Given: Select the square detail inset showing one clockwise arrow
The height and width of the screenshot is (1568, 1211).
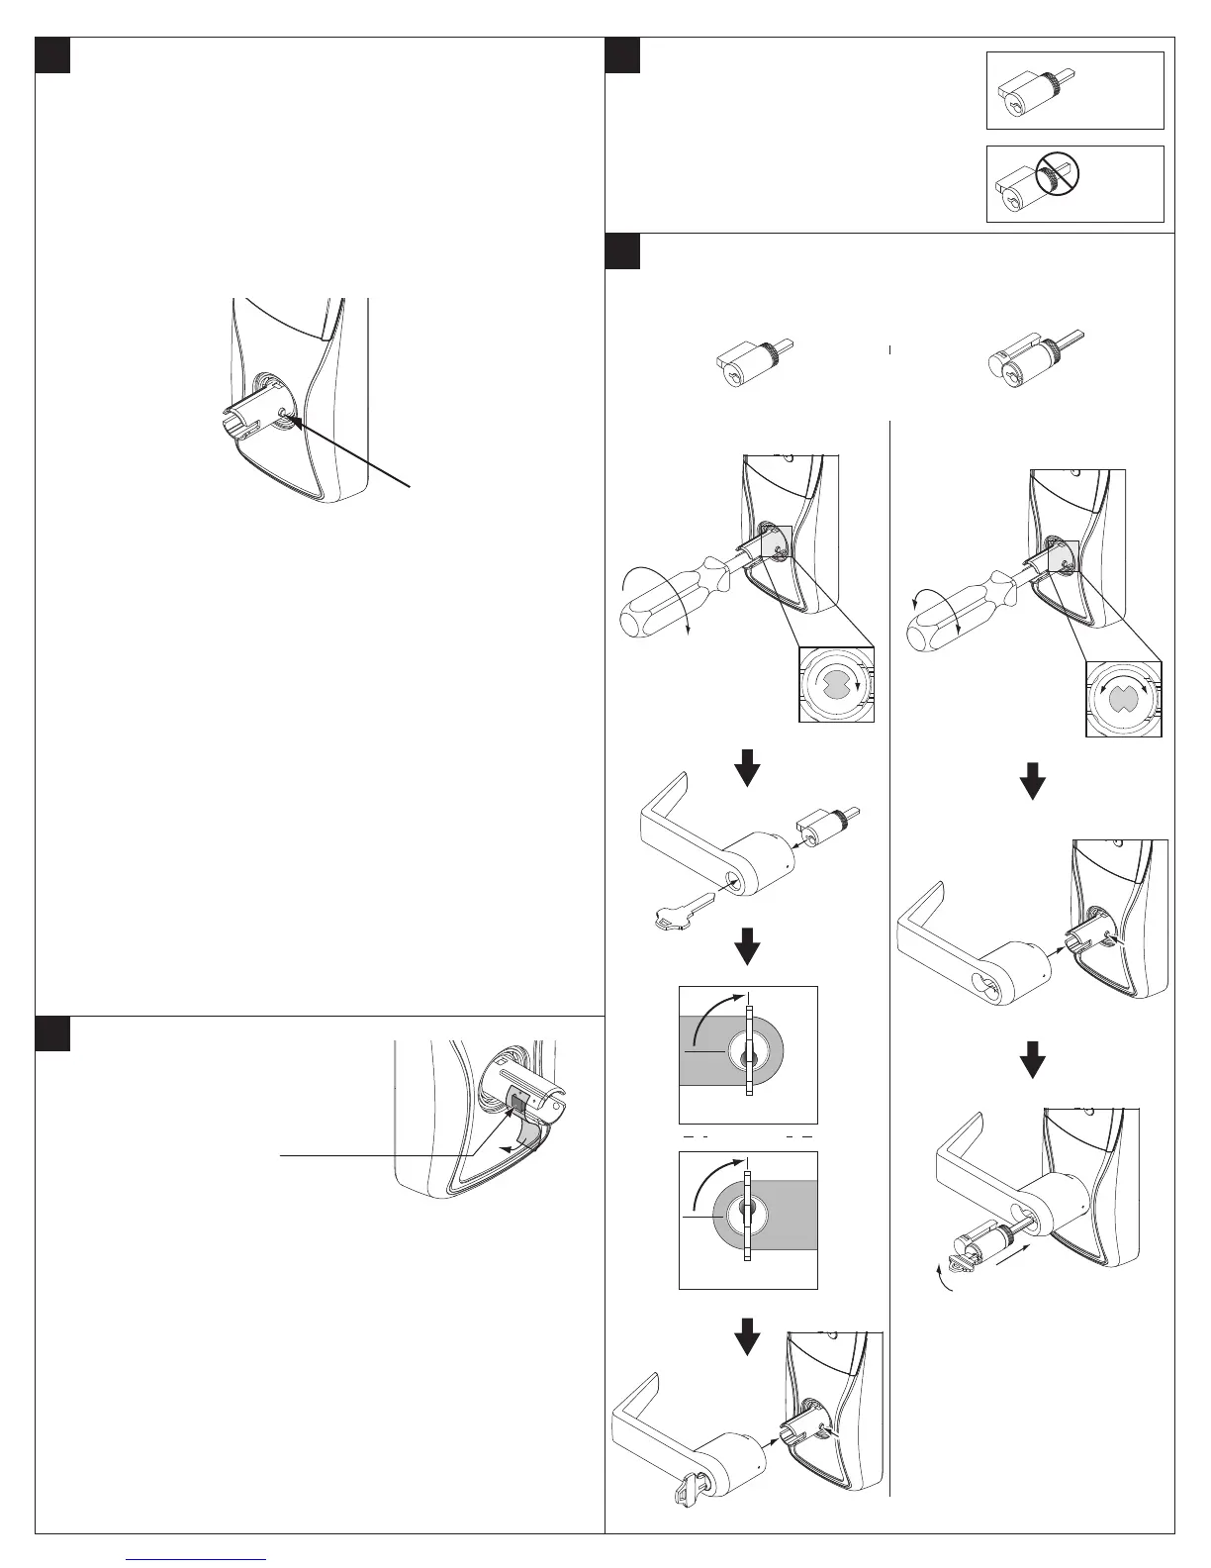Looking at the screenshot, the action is click(x=837, y=684).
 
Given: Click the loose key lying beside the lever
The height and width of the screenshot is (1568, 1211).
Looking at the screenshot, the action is click(x=676, y=912).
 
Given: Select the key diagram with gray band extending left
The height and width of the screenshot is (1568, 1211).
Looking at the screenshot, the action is click(x=748, y=1053).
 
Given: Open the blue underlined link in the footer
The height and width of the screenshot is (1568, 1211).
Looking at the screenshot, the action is click(x=198, y=1556).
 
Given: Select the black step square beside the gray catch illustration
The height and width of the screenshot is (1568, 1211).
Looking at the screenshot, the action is click(x=52, y=1034).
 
